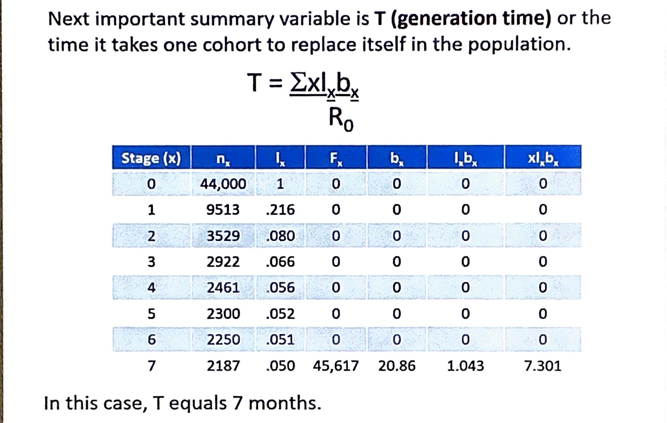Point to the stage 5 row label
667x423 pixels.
[151, 314]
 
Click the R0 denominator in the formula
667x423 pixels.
[341, 119]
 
